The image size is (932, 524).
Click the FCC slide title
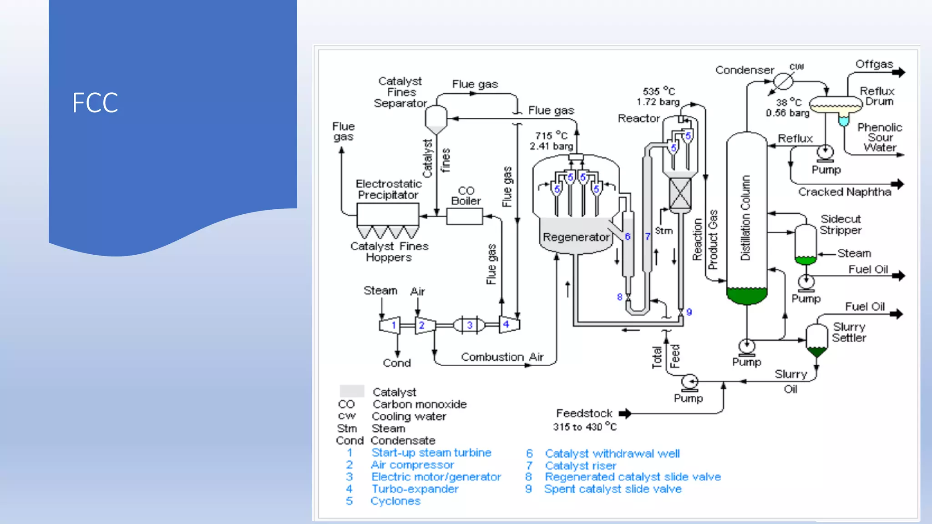95,103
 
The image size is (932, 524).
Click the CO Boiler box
464,217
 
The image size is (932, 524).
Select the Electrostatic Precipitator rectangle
388,214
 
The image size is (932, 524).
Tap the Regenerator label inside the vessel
576,237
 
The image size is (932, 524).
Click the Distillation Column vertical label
745,218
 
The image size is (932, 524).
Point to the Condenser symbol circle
783,81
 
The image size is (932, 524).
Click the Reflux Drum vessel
836,105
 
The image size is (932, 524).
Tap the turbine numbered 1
390,325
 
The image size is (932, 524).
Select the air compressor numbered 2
425,325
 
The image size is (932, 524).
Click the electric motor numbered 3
469,325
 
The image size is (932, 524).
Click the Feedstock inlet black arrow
625,413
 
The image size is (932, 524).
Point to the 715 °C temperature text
551,136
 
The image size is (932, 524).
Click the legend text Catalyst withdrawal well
612,453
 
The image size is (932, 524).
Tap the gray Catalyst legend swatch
352,391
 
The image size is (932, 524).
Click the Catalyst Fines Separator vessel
436,119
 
